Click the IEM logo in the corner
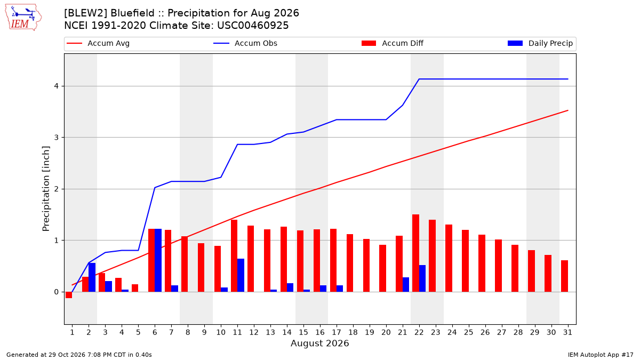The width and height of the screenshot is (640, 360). tap(23, 18)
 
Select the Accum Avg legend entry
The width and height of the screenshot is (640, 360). tap(98, 43)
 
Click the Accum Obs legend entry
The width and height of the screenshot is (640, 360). tap(245, 43)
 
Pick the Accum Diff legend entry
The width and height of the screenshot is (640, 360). tap(393, 43)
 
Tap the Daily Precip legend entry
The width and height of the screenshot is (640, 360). tap(540, 43)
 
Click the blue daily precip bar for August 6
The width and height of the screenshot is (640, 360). tap(158, 260)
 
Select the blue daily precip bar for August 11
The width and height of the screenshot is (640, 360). tap(241, 275)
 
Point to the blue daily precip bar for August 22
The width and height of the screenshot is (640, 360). tap(422, 278)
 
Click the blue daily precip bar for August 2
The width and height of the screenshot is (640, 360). tap(92, 277)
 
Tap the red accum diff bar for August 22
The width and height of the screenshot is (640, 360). tap(415, 253)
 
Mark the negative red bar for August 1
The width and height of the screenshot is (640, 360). tap(69, 295)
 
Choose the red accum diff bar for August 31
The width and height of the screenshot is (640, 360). tap(564, 276)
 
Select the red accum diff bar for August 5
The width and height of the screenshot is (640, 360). tap(135, 288)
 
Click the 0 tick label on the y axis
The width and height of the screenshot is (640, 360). tap(56, 292)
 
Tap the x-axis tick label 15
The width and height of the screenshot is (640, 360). tap(303, 332)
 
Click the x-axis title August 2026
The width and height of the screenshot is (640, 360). tap(319, 343)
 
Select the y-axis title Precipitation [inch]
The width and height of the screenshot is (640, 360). tap(46, 189)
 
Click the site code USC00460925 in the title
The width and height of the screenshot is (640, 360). tap(253, 26)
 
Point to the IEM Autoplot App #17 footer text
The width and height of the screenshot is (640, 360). tap(601, 355)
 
